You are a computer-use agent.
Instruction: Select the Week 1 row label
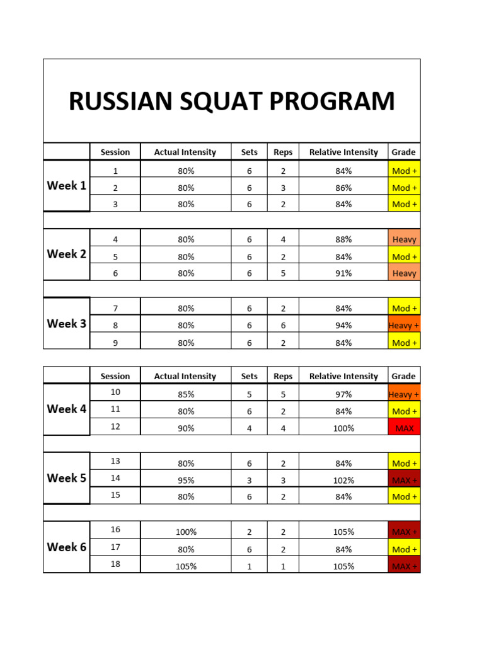[66, 186]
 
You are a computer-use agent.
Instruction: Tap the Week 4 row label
[66, 409]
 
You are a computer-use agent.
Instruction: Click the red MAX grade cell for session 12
[404, 428]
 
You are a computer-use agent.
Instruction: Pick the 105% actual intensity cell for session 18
[185, 566]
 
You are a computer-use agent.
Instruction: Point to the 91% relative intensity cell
[343, 273]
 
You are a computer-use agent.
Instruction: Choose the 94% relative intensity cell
[343, 325]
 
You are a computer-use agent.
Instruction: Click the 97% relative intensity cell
[343, 394]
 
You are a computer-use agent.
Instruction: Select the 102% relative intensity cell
[343, 480]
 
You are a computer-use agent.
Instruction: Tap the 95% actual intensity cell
[185, 480]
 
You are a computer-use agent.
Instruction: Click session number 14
[115, 478]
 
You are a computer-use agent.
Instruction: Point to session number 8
[115, 325]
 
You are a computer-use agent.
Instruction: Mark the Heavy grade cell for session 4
[404, 239]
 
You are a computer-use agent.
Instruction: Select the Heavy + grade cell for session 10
[404, 394]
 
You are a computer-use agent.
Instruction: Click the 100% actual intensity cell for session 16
[185, 532]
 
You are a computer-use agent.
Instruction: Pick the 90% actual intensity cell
[185, 428]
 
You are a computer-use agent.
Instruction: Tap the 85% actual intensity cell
[185, 394]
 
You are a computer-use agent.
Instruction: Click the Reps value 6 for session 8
[283, 325]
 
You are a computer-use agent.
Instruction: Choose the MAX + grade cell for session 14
[404, 480]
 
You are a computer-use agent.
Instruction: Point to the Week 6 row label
[66, 547]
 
